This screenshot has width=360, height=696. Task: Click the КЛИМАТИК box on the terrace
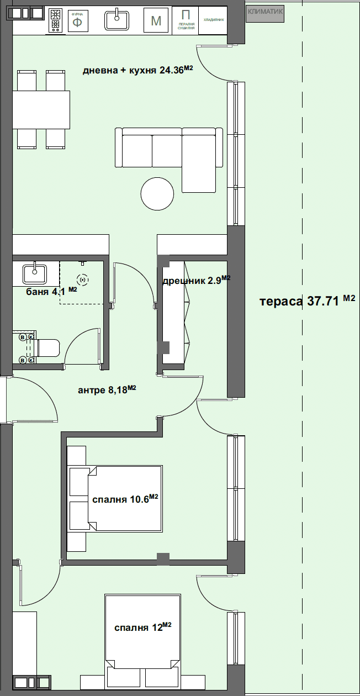(x=265, y=12)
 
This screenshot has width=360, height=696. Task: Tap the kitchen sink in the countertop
(x=117, y=20)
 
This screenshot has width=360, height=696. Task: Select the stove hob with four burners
(x=56, y=21)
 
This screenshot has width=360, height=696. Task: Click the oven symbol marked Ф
(x=77, y=22)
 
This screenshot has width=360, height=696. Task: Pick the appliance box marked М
(x=156, y=22)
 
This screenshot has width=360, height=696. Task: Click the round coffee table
(x=157, y=194)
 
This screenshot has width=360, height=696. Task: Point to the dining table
(x=41, y=109)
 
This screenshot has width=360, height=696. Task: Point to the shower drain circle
(x=82, y=280)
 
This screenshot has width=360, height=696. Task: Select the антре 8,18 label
(x=107, y=390)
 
